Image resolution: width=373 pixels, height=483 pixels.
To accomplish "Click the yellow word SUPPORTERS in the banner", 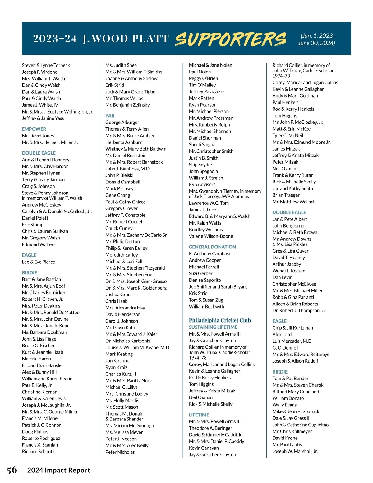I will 230,39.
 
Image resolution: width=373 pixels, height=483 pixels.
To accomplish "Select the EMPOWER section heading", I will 34,129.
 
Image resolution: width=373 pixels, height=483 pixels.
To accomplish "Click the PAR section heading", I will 110,116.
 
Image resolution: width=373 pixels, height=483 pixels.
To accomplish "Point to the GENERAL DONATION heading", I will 212,247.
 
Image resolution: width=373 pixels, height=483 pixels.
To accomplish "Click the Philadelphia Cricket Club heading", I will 220,320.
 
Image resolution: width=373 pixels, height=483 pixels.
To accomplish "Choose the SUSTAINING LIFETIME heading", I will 213,327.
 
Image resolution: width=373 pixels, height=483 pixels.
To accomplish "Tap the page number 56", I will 12,470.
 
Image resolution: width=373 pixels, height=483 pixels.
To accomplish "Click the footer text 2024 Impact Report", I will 59,470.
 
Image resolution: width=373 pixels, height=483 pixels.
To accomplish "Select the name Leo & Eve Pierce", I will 39,262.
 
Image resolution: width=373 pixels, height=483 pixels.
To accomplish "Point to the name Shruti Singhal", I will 203,145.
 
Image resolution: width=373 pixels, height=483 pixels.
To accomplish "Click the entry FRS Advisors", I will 202,184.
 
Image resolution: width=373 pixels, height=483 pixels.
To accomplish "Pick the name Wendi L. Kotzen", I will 289,271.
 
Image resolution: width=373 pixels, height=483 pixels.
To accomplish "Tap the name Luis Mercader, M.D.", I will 292,341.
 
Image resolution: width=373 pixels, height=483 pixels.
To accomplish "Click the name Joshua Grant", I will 119,295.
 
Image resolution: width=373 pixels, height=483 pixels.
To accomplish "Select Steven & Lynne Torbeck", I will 46,65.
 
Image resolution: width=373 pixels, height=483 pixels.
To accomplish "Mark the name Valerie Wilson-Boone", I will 211,236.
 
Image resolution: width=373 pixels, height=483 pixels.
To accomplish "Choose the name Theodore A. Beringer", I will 210,428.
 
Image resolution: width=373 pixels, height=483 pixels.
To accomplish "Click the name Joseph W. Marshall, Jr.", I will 295,451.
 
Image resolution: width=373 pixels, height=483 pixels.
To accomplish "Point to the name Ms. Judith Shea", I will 121,65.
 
